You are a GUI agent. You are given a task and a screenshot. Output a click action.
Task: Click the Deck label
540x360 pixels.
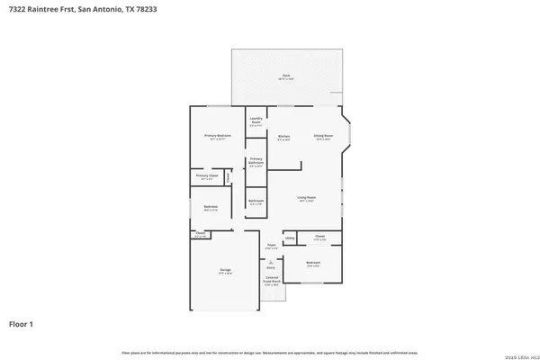pyautogui.click(x=285, y=76)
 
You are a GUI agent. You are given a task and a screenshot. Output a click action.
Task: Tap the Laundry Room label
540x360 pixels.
pyautogui.click(x=256, y=121)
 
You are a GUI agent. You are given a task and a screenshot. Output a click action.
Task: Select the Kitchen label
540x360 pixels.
pyautogui.click(x=283, y=137)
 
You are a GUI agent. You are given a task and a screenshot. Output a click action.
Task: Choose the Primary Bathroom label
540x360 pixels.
pyautogui.click(x=256, y=162)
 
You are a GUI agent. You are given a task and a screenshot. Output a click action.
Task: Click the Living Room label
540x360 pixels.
pyautogui.click(x=307, y=197)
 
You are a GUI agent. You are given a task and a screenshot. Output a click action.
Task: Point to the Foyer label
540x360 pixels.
pyautogui.click(x=271, y=246)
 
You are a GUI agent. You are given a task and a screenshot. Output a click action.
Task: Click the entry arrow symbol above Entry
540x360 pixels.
pyautogui.click(x=271, y=257)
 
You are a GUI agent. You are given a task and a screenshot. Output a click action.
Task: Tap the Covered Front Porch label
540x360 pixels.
pyautogui.click(x=271, y=281)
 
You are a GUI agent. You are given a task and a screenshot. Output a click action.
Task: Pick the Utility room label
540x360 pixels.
pyautogui.click(x=290, y=238)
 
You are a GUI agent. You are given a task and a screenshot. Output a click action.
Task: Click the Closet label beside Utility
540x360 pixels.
pyautogui.click(x=319, y=238)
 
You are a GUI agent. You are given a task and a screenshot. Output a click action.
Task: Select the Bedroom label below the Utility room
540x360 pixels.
pyautogui.click(x=313, y=264)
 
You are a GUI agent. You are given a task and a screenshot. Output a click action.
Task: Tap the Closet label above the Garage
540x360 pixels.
pyautogui.click(x=199, y=236)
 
